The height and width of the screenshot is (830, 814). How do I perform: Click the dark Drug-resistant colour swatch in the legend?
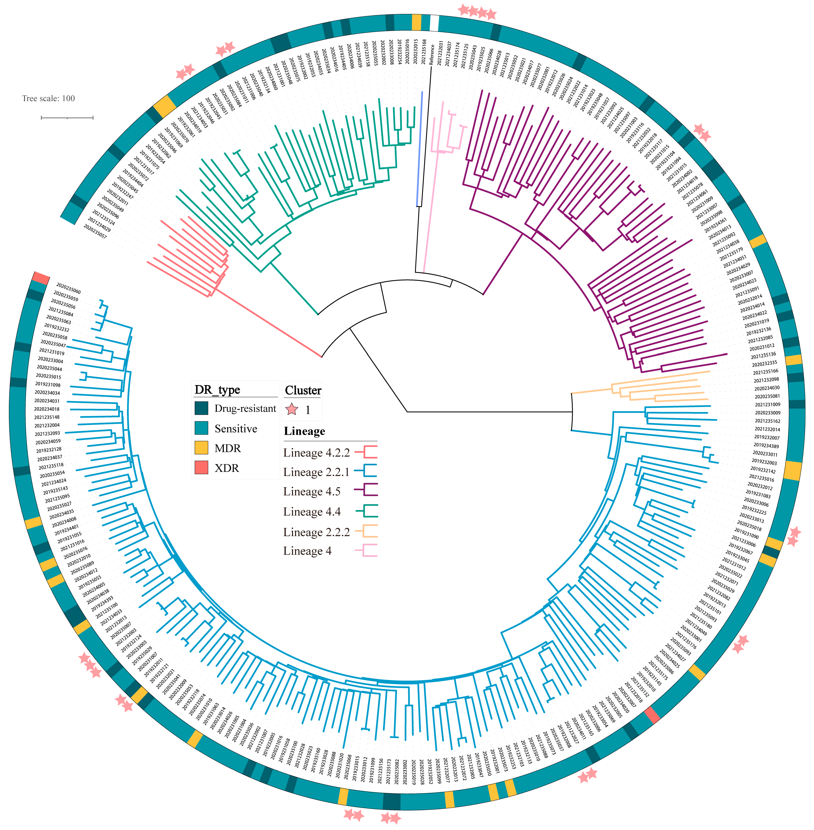coord(201,408)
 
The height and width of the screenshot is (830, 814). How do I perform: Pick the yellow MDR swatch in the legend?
coord(201,448)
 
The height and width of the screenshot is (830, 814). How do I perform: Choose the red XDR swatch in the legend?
coord(201,468)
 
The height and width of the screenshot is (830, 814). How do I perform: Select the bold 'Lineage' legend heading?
coord(304,431)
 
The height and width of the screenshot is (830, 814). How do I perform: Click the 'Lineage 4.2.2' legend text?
coord(316,453)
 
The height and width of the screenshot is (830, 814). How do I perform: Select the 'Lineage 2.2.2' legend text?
coord(316,532)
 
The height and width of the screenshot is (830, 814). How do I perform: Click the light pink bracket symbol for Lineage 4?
coord(366,551)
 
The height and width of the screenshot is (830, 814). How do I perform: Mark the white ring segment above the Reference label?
coord(434,23)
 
